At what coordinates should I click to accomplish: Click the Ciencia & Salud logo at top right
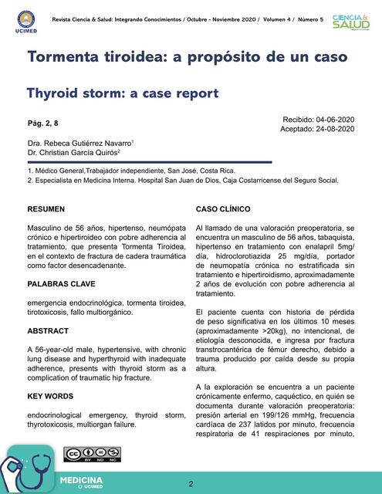350,21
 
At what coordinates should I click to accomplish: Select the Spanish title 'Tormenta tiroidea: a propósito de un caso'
187,58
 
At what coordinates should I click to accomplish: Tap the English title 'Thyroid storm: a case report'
123,93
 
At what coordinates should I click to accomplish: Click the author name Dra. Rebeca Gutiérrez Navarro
80,143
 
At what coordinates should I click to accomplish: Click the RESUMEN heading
46,209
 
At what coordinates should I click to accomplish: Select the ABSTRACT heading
48,330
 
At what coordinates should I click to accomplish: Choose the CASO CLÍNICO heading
223,209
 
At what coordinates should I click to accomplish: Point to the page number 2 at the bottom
191,483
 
